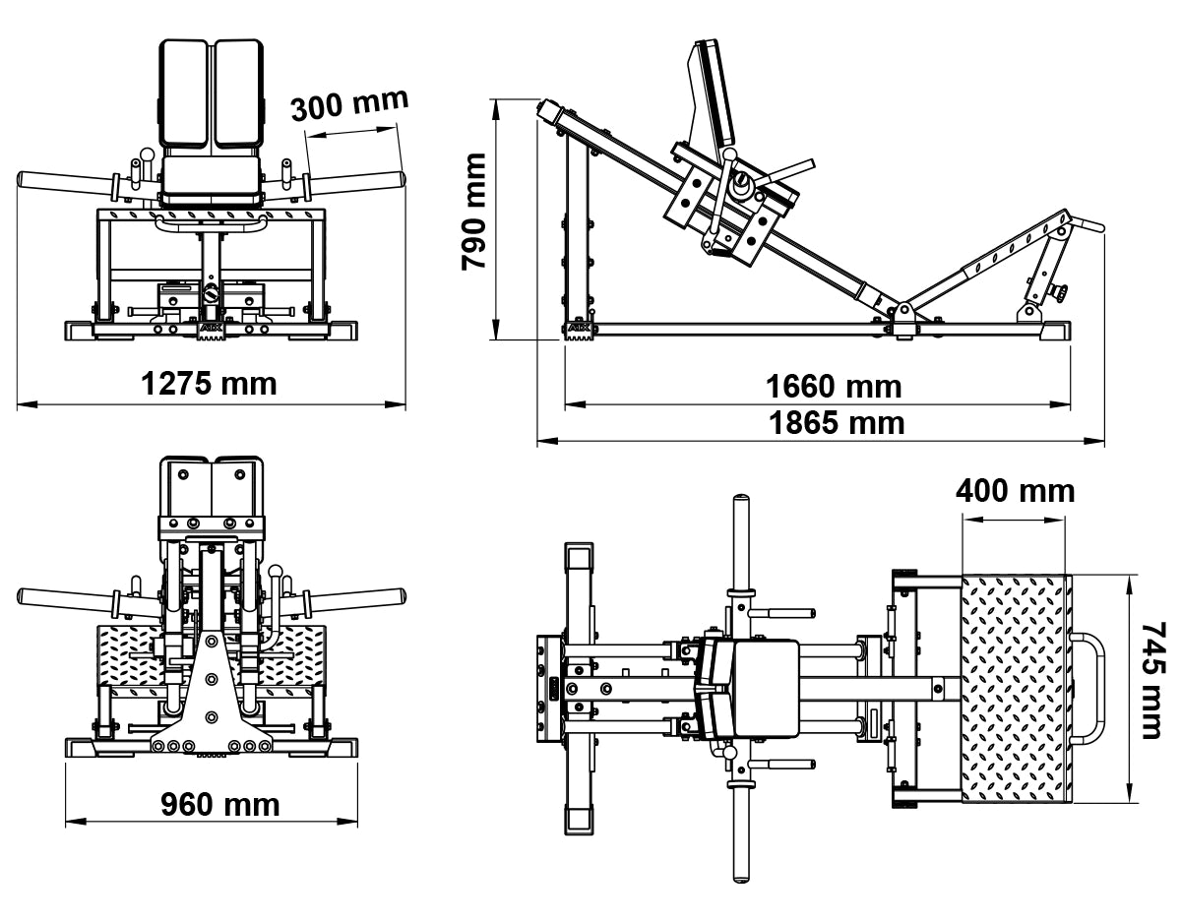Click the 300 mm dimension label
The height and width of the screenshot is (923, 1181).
(x=348, y=104)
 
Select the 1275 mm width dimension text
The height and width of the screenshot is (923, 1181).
(x=209, y=383)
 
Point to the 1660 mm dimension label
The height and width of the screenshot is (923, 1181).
(x=834, y=386)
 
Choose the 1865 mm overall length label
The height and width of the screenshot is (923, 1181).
(x=836, y=423)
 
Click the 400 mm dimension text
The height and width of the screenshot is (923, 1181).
(x=1015, y=490)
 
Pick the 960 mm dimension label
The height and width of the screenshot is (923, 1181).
(x=219, y=804)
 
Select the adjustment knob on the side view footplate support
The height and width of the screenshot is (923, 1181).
(x=1061, y=292)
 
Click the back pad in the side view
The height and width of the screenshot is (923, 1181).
(x=714, y=93)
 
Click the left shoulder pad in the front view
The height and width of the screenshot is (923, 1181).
(x=184, y=93)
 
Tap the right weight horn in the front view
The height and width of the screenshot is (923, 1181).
(x=354, y=182)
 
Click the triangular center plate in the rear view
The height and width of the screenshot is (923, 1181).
(x=212, y=689)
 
